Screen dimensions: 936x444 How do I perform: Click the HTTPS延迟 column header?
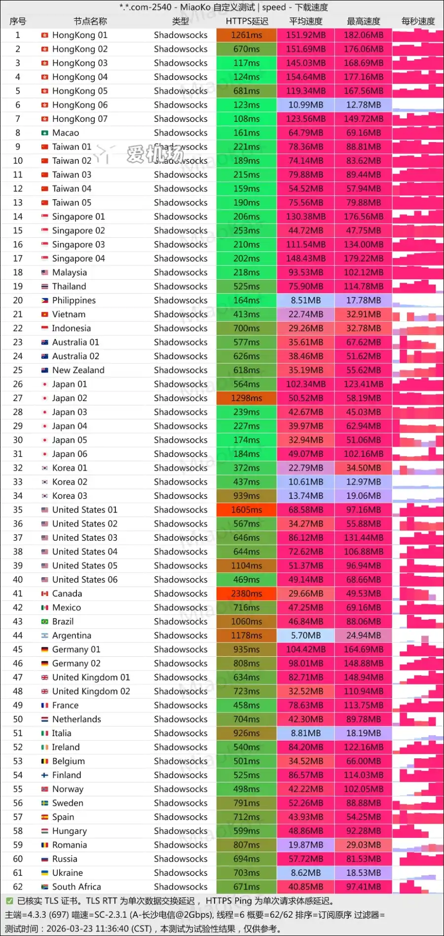click(247, 21)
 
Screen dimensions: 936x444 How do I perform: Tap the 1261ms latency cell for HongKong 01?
click(247, 35)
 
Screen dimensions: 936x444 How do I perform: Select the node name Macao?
click(66, 133)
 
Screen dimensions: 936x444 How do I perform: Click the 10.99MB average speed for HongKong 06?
click(306, 105)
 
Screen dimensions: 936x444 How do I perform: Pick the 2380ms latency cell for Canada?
click(247, 594)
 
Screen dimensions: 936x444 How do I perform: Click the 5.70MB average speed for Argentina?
click(306, 636)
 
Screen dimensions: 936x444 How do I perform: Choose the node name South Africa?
click(76, 887)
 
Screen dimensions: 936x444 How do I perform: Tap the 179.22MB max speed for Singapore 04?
click(364, 259)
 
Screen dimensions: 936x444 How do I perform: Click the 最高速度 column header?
click(364, 21)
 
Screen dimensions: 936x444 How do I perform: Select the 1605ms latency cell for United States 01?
click(247, 510)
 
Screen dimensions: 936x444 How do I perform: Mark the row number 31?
click(18, 454)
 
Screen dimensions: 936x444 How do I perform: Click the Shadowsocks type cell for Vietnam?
click(181, 314)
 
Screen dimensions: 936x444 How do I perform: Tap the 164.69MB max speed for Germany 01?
click(364, 649)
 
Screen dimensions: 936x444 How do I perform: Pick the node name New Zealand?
click(78, 370)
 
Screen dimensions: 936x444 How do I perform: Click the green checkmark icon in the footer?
click(9, 901)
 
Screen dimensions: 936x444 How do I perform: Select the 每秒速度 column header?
click(418, 21)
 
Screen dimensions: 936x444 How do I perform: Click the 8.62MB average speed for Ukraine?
click(306, 873)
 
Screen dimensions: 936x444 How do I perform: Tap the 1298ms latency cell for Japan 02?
click(247, 398)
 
